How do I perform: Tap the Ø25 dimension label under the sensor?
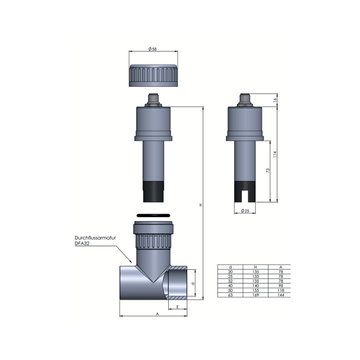[246, 211]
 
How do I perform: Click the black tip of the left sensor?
[153, 188]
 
